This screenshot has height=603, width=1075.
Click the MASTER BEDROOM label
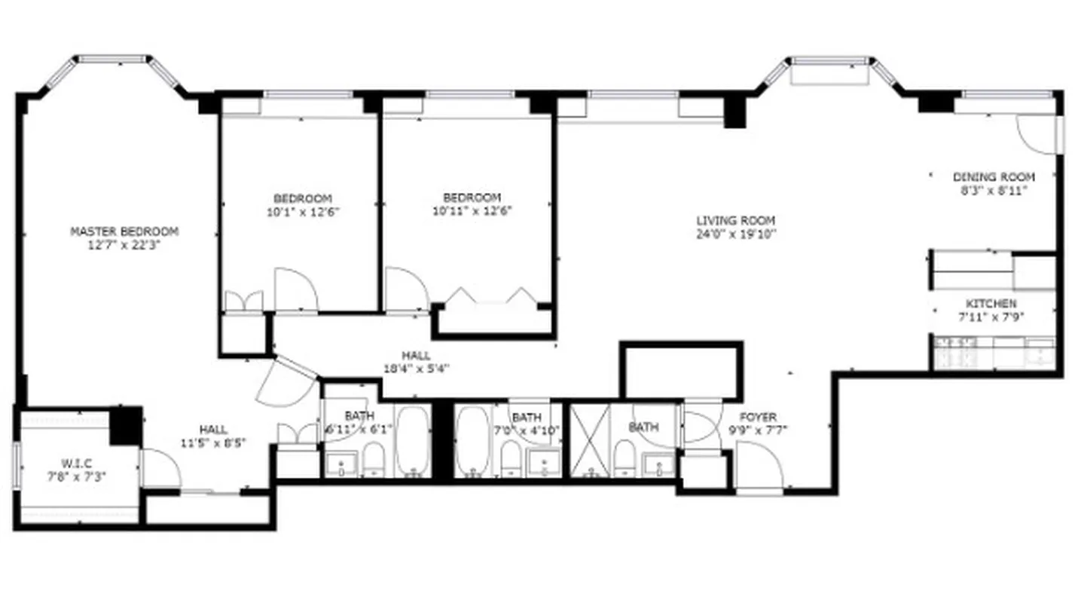(x=124, y=231)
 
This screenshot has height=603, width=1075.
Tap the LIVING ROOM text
(x=735, y=221)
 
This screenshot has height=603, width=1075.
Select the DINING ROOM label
(x=994, y=177)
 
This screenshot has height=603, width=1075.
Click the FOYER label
(x=758, y=418)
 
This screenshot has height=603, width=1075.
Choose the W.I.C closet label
(x=78, y=463)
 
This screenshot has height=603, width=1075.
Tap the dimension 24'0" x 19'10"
(x=735, y=234)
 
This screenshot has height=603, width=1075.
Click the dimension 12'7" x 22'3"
(x=124, y=244)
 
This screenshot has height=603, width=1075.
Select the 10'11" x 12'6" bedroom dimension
(x=472, y=211)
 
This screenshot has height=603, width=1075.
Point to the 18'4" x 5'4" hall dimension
(x=416, y=369)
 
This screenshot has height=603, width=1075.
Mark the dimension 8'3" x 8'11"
(x=994, y=190)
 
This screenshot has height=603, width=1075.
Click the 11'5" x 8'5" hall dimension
(x=213, y=442)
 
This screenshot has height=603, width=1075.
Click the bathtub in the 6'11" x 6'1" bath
(x=414, y=442)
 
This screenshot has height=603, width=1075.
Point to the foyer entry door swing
(x=759, y=465)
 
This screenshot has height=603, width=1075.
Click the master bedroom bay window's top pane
(x=114, y=57)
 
